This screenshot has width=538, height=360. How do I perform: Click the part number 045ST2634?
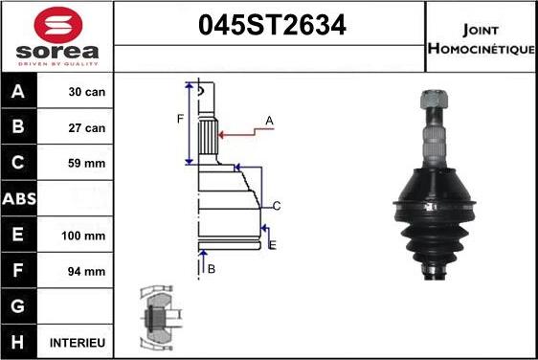pos(269,26)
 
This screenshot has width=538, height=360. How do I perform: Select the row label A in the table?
pos(20,93)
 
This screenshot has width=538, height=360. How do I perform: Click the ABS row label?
pos(20,199)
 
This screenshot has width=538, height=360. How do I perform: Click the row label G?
pos(20,306)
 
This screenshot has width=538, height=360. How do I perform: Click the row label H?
pos(20,342)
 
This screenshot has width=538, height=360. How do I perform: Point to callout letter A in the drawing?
pos(270,121)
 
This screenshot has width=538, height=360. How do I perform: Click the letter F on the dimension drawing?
pos(179,119)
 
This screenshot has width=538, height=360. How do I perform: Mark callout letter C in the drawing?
pos(276,206)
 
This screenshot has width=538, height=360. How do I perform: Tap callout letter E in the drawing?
pos(273,246)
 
